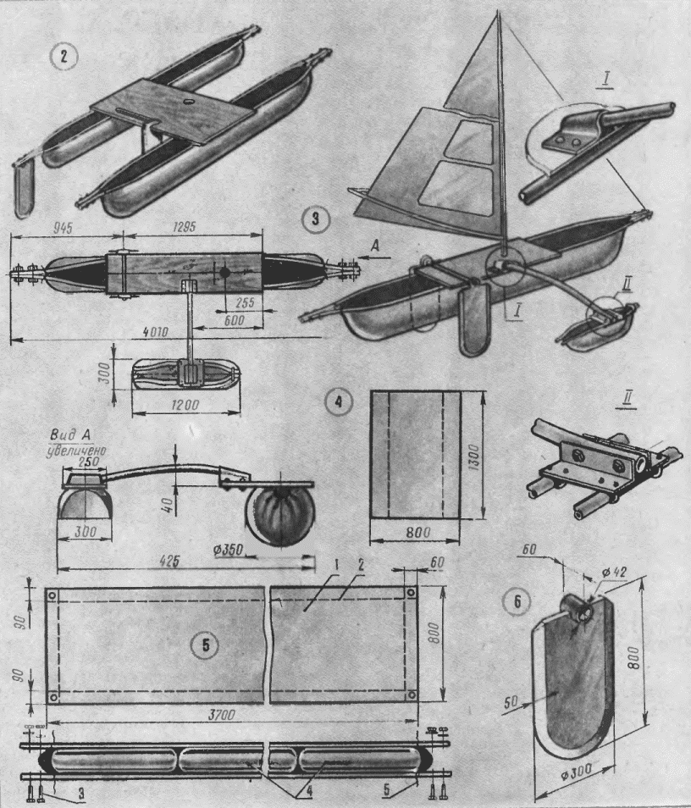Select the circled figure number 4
339,401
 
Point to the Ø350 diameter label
226,550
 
